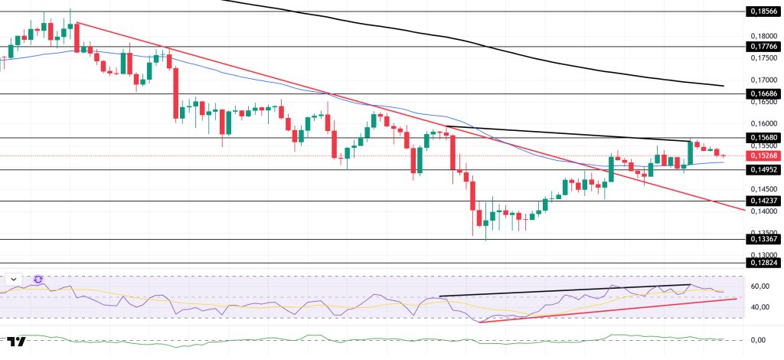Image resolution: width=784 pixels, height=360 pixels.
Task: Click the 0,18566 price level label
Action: (763, 11)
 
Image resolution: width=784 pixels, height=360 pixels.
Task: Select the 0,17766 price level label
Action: (763, 46)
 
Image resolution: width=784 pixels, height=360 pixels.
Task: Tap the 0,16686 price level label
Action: (763, 93)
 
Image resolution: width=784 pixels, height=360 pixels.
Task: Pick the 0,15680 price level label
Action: (763, 138)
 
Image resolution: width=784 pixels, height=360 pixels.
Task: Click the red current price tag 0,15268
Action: (763, 155)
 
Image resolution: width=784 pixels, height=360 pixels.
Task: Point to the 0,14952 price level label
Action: (763, 169)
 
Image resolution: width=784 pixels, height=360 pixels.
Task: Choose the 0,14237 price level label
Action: (763, 201)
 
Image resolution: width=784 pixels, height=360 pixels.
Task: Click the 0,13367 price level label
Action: (763, 239)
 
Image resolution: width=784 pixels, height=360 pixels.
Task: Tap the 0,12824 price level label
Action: (763, 263)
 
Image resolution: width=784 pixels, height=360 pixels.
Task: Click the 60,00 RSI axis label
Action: (761, 286)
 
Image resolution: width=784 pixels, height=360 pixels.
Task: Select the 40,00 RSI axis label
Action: (761, 307)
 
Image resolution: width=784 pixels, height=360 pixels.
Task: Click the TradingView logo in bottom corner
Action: (16, 341)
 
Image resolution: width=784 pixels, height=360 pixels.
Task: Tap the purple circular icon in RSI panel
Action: (38, 280)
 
